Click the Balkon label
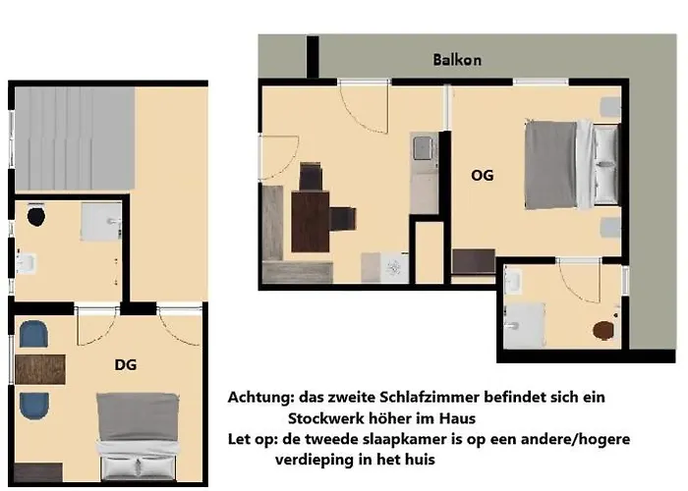pyautogui.click(x=457, y=60)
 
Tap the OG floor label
pyautogui.click(x=482, y=176)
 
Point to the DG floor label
pyautogui.click(x=125, y=364)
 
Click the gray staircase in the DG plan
pyautogui.click(x=74, y=137)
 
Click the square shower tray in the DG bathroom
pyautogui.click(x=100, y=222)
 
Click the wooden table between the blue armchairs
pyautogui.click(x=39, y=369)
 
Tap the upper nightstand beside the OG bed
pyautogui.click(x=609, y=105)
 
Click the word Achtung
pyautogui.click(x=260, y=398)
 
